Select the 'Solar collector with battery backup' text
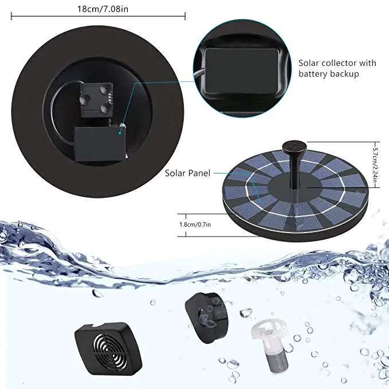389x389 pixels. pos(337,68)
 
